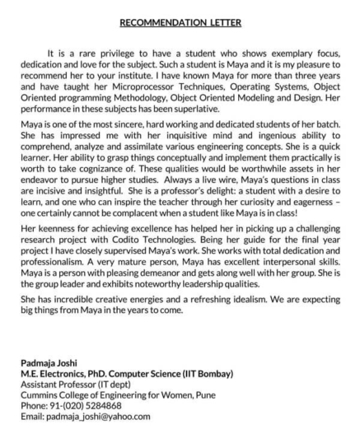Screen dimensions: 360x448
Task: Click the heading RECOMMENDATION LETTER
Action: [180, 22]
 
